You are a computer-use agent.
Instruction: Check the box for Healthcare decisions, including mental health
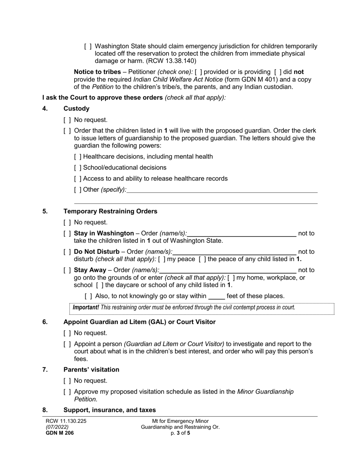coord(78,157)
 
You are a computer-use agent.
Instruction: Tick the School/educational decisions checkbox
coord(78,168)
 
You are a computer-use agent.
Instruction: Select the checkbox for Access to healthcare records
coord(78,179)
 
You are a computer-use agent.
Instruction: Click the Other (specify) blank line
coord(222,190)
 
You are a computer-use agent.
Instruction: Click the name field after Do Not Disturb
coord(235,252)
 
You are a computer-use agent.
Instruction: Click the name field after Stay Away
coord(228,270)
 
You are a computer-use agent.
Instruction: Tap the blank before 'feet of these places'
coord(216,296)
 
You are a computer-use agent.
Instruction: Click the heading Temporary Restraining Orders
coord(110,211)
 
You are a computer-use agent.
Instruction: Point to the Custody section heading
coord(77,109)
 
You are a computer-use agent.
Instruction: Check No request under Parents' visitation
coord(67,381)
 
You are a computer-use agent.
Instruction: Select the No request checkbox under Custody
coord(67,120)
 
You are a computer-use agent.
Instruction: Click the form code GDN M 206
coord(60,433)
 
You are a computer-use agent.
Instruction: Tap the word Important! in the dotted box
coord(86,308)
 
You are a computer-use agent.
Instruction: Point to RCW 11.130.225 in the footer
coord(66,421)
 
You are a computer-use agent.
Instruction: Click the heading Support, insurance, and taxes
coord(110,410)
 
